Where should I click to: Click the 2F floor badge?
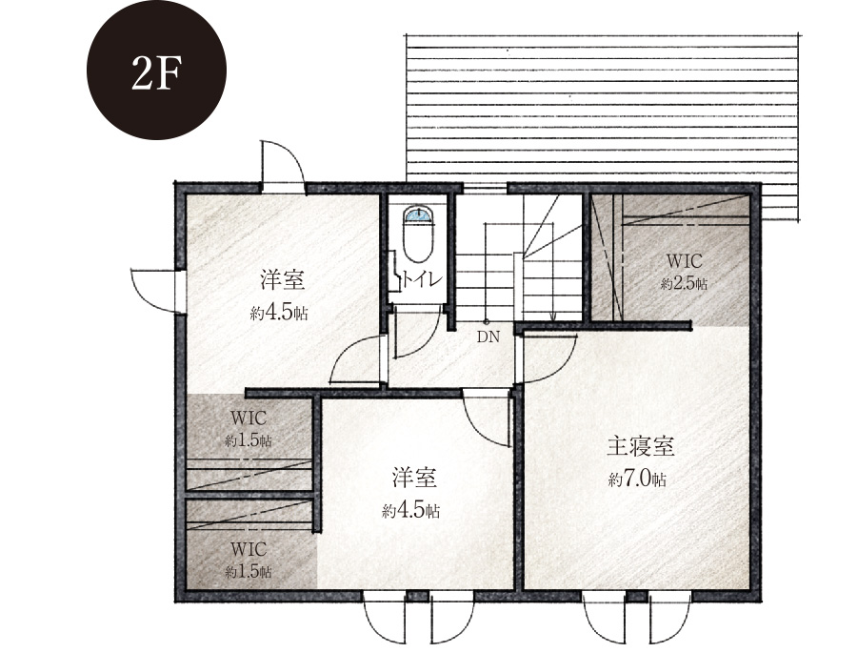156,70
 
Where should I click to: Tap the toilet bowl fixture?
419,236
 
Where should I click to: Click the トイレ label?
422,279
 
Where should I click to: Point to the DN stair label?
488,337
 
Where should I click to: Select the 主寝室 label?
641,447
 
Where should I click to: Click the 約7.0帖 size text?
637,480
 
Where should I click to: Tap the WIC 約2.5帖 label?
684,272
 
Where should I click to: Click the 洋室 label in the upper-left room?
282,281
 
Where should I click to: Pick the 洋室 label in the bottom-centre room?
414,478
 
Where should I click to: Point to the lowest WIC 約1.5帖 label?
249,560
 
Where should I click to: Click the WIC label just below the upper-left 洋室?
249,418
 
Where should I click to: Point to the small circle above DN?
486,322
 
